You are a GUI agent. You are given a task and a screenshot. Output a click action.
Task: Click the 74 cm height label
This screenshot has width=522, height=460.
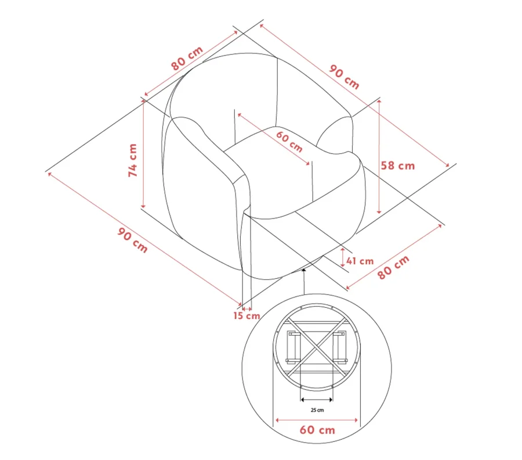click(x=133, y=160)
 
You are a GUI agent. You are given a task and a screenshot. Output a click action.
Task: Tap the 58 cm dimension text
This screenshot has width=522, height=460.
click(x=398, y=166)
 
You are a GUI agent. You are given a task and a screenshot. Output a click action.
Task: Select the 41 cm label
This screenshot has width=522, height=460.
click(x=360, y=261)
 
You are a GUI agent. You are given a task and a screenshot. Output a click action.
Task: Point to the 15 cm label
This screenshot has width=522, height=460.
click(x=246, y=315)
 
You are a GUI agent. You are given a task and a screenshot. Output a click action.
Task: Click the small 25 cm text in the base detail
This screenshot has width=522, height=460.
click(x=317, y=410)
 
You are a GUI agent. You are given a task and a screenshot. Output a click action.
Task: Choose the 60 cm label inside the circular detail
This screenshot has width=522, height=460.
click(x=317, y=430)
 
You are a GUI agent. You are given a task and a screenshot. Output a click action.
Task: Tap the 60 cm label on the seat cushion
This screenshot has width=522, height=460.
click(x=289, y=142)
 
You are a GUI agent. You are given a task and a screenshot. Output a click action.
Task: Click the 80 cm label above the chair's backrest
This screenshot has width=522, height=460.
click(x=187, y=58)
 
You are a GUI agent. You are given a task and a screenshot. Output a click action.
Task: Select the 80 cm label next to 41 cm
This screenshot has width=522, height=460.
click(x=393, y=267)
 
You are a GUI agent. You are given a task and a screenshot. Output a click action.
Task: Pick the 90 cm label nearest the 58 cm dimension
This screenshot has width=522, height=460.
click(x=344, y=77)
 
